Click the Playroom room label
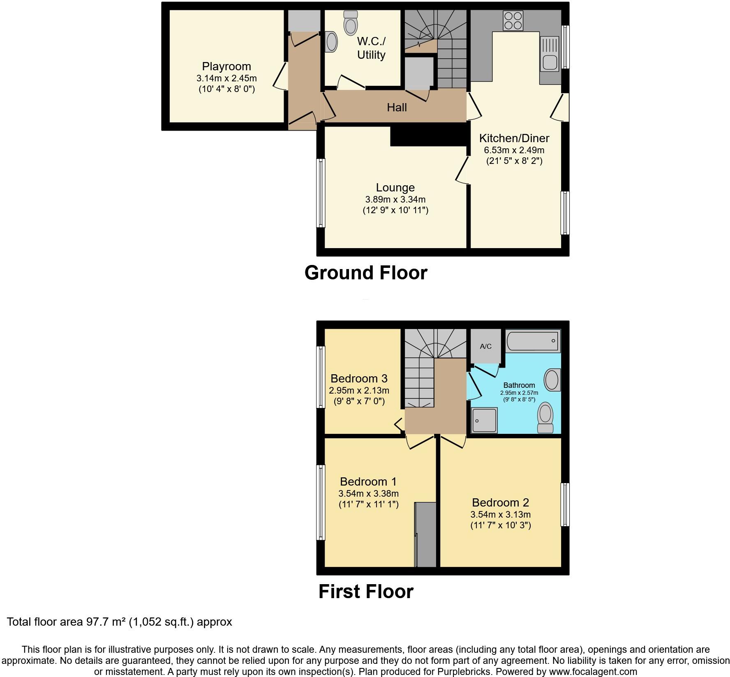[x=226, y=67]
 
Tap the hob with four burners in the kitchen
[x=513, y=20]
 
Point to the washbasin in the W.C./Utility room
[x=331, y=42]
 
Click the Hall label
[x=397, y=108]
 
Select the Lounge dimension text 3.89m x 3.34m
[x=395, y=200]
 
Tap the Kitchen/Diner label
[x=514, y=138]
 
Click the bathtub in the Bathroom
[x=532, y=341]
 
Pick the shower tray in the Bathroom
[x=485, y=420]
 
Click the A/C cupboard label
[x=485, y=346]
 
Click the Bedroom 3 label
[x=359, y=378]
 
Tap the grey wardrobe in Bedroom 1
[x=425, y=534]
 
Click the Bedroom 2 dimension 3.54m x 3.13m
[x=500, y=514]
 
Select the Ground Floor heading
[x=366, y=273]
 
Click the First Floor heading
[x=366, y=592]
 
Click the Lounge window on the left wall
[x=321, y=193]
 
